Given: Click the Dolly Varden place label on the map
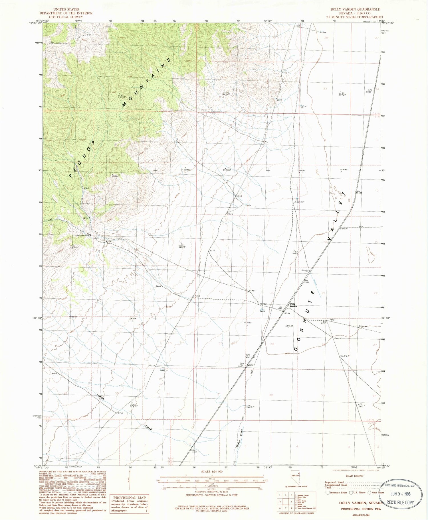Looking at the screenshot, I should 293,305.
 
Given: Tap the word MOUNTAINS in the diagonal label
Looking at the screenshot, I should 147,82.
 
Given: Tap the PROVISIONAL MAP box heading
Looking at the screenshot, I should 129,497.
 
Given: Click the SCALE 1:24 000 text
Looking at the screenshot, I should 209,472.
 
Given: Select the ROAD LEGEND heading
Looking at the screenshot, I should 355,476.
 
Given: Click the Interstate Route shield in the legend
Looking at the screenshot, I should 327,492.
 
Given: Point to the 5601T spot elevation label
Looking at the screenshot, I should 336,338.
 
